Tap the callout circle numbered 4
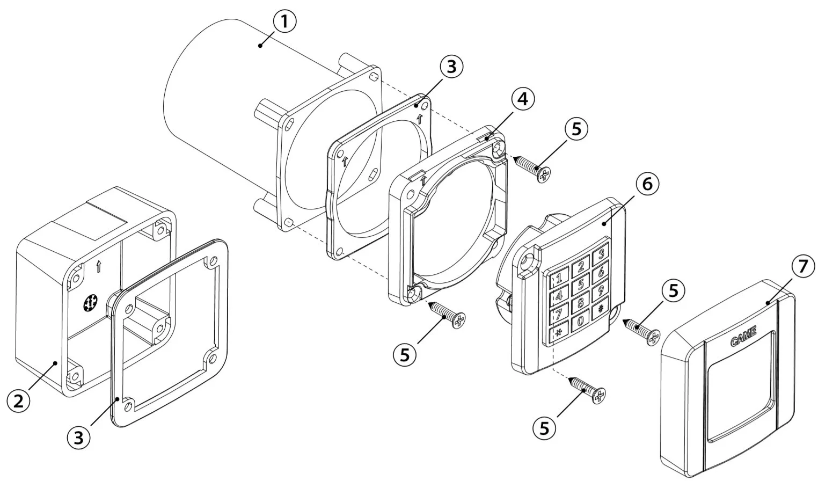pyautogui.click(x=523, y=99)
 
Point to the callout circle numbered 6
pyautogui.click(x=647, y=185)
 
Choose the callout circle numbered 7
pyautogui.click(x=802, y=267)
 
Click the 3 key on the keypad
pyautogui.click(x=601, y=254)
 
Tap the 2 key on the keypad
pyautogui.click(x=580, y=268)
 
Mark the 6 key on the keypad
pyautogui.click(x=601, y=273)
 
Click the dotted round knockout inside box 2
pyautogui.click(x=90, y=303)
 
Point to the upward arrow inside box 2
pyautogui.click(x=99, y=266)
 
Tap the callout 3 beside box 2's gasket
pyautogui.click(x=79, y=437)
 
